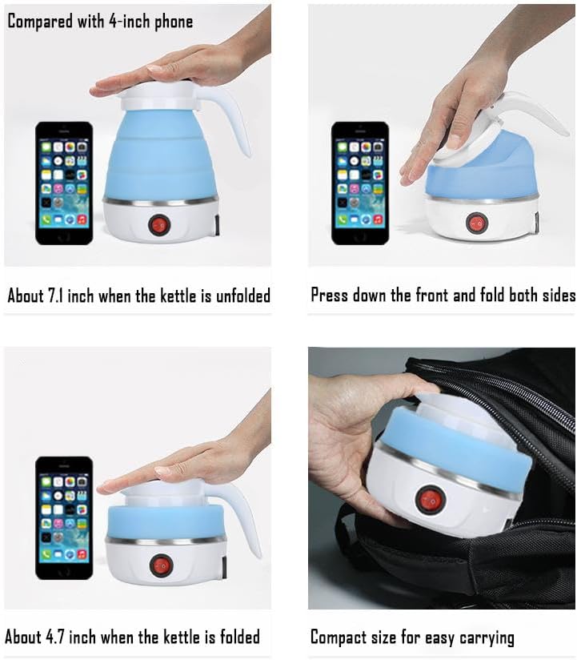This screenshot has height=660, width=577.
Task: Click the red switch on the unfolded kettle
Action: click(159, 223)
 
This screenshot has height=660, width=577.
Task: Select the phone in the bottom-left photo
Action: click(63, 516)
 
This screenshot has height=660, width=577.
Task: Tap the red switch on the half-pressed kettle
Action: click(476, 222)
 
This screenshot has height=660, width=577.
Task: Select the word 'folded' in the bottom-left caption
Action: click(234, 638)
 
